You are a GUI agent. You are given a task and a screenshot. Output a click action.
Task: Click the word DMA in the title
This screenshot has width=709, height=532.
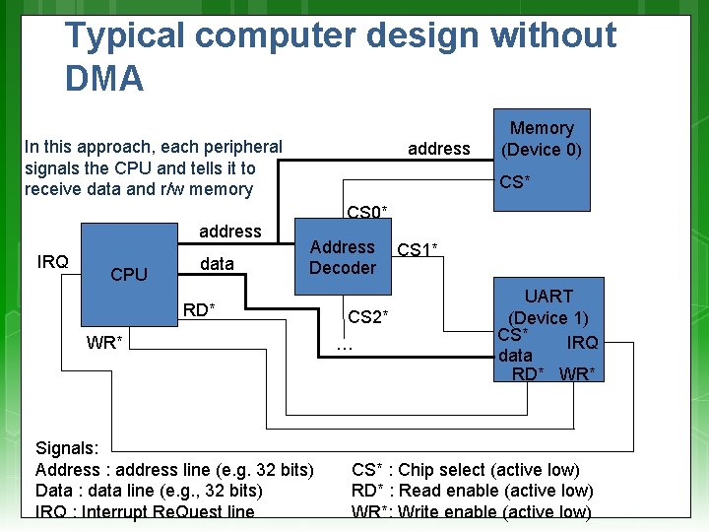[104, 78]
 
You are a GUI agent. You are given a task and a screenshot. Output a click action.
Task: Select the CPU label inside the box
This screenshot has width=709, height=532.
[129, 275]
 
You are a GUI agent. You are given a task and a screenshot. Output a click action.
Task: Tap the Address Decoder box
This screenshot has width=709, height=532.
[343, 257]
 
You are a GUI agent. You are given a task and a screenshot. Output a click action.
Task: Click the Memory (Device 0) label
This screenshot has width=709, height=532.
[542, 139]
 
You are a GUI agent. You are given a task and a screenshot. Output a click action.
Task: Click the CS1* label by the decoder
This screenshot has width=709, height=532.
[418, 250]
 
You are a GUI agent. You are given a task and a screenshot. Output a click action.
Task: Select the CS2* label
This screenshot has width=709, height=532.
[369, 316]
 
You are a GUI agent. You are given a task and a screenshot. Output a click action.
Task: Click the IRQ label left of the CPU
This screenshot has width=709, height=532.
[52, 261]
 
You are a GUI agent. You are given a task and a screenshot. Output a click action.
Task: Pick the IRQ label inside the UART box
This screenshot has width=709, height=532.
[582, 342]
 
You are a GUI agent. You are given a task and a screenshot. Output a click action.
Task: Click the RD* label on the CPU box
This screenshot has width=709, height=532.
[200, 311]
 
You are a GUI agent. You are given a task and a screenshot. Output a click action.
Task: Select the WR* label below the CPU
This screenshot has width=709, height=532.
[104, 343]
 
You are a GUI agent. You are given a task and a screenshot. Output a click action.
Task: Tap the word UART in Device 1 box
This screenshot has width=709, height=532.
[548, 296]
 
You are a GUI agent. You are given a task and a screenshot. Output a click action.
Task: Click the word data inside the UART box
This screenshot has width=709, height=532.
[515, 355]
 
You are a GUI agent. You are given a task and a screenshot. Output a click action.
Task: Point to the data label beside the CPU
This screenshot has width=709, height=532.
[217, 263]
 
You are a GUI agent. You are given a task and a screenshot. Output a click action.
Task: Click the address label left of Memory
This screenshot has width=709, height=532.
[439, 149]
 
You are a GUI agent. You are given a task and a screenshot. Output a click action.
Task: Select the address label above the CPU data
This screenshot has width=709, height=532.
[230, 232]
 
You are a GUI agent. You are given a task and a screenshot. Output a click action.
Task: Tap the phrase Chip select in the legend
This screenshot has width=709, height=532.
[442, 470]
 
